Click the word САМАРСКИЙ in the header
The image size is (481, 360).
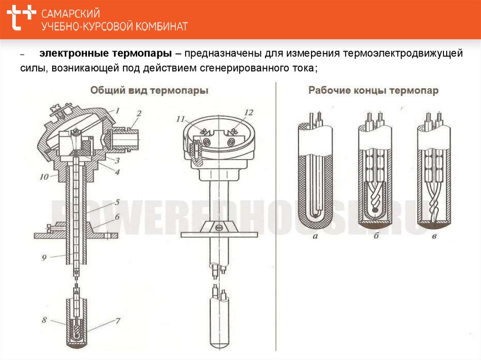click(71, 14)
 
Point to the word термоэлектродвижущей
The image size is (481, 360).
click(403, 54)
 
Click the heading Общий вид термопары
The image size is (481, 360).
click(149, 91)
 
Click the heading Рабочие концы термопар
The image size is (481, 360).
click(373, 91)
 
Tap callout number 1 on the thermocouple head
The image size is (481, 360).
click(117, 110)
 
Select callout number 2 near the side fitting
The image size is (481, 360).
click(139, 114)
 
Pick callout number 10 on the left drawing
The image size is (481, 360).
click(44, 177)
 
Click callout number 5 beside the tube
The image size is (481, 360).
click(117, 202)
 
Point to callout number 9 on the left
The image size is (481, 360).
click(44, 258)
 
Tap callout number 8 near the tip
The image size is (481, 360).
click(45, 320)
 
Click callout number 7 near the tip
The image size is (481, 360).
click(118, 321)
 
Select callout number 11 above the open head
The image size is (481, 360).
click(181, 119)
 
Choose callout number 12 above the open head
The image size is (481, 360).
click(248, 113)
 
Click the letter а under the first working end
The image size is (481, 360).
click(315, 237)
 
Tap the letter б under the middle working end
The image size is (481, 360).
click(376, 236)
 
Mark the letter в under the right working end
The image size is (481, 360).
click(434, 237)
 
